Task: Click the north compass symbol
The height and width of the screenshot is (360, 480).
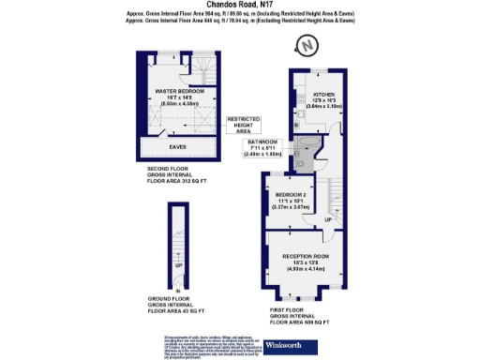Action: [x=306, y=44]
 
